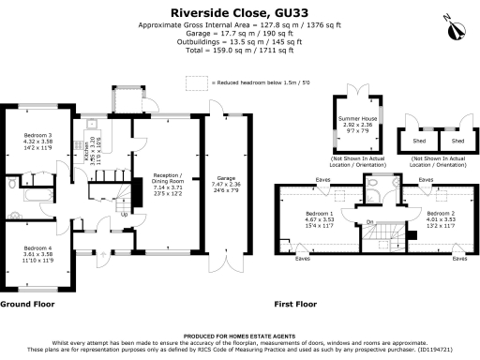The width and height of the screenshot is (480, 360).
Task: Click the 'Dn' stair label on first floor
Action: (370, 222)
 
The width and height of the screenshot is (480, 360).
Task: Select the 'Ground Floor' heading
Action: (24, 305)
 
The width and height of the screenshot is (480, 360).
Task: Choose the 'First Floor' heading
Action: (294, 305)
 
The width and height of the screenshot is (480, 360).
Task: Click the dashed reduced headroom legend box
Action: (196, 83)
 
